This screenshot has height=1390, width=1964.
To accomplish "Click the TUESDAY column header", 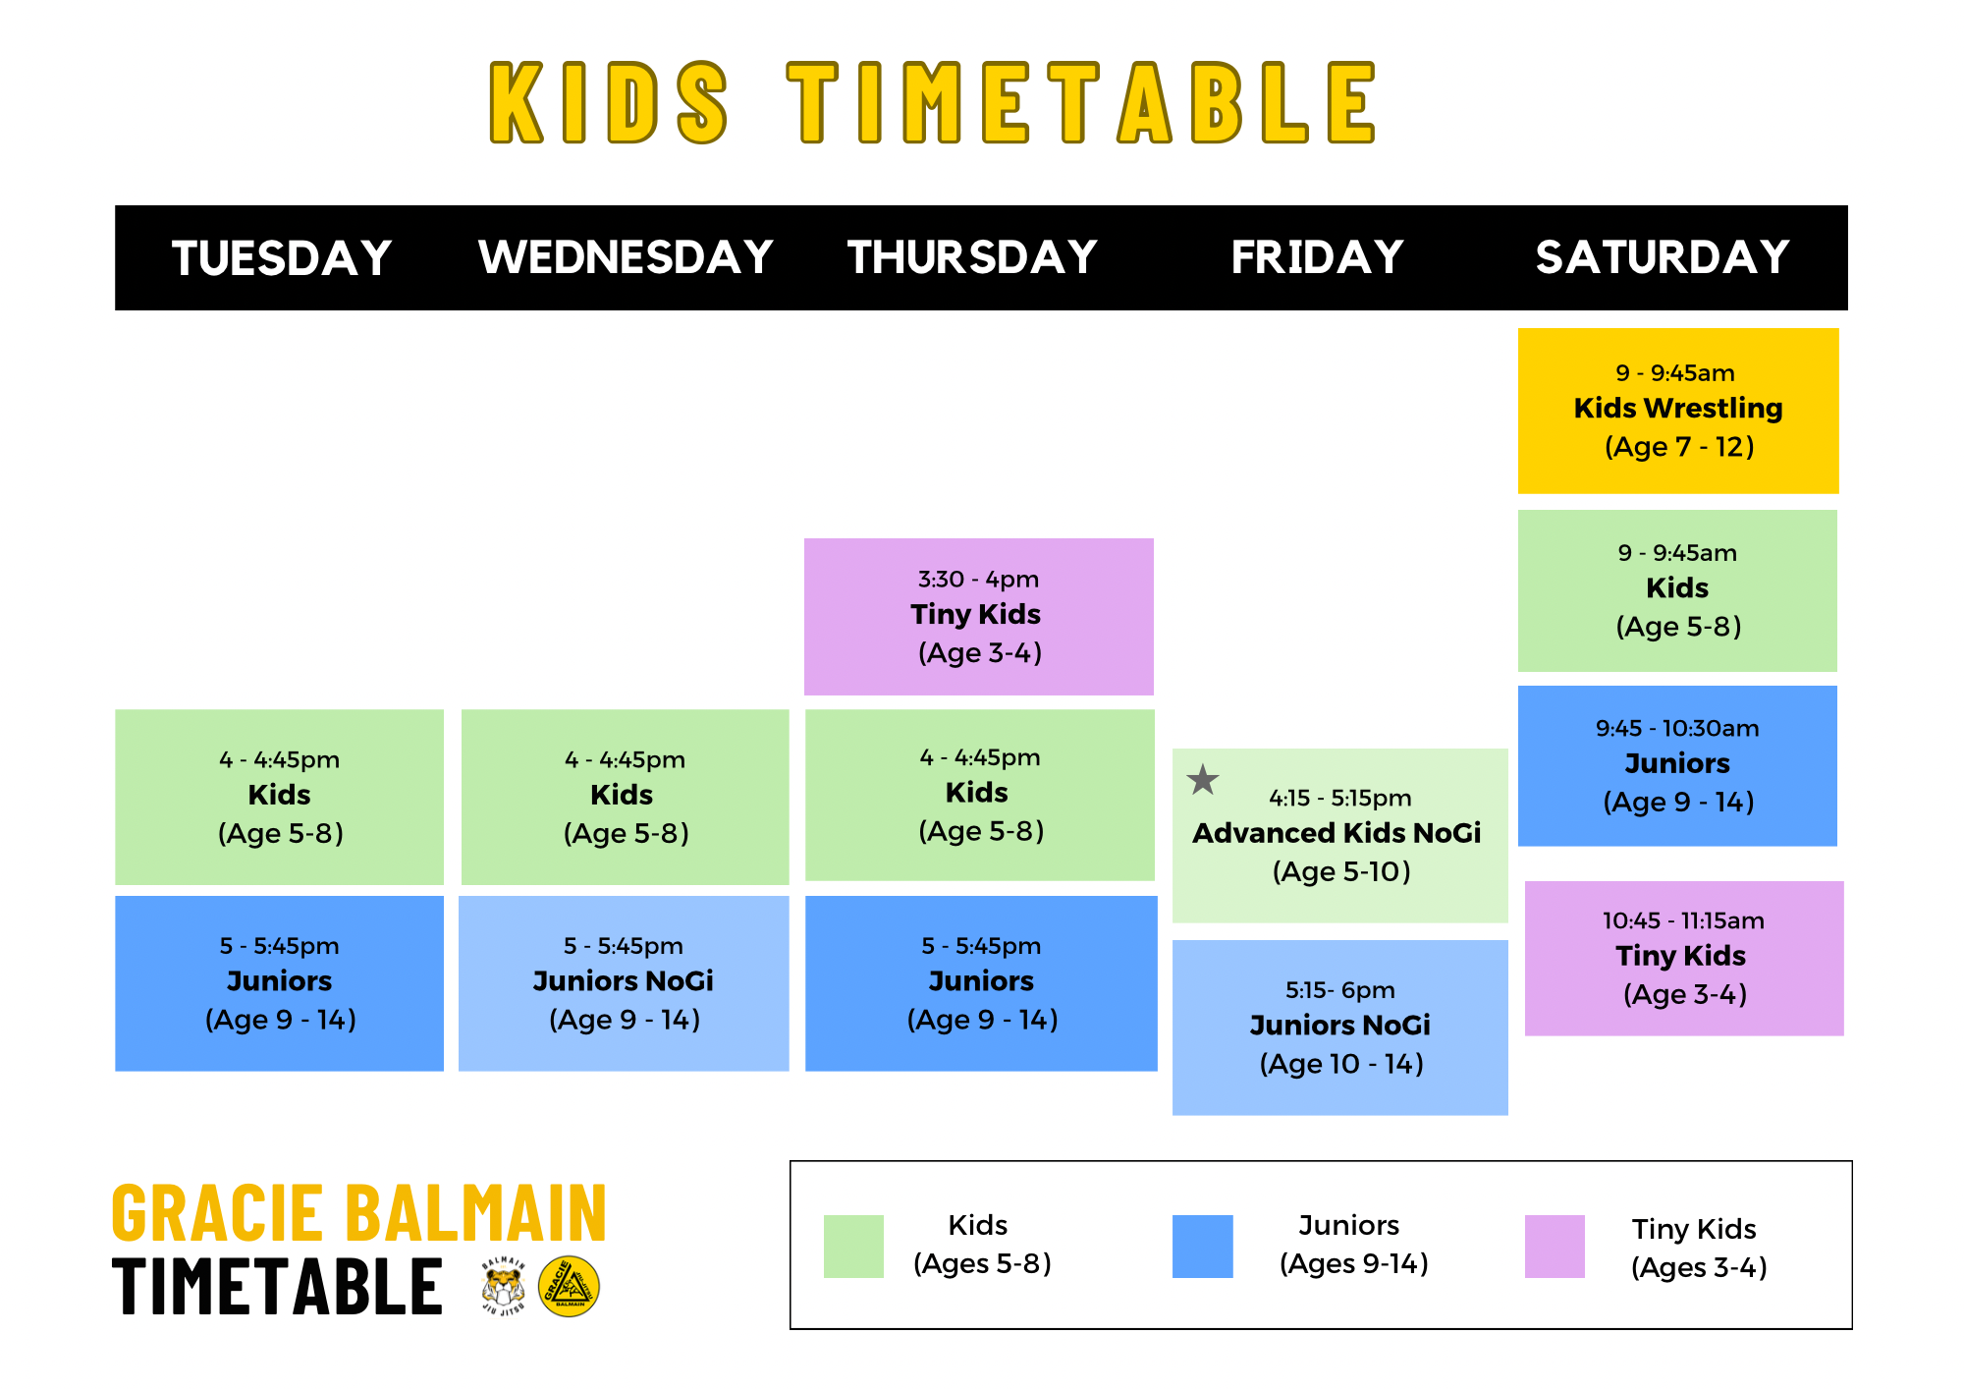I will (x=282, y=258).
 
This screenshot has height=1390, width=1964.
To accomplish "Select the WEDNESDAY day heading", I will (x=626, y=257).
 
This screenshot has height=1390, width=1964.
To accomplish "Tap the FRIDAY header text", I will (x=1317, y=257).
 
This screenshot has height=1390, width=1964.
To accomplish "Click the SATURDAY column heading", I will (x=1663, y=257).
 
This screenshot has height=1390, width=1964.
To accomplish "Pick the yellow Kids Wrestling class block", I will (x=1677, y=411).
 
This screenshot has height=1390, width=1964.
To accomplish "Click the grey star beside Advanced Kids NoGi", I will (x=1202, y=780).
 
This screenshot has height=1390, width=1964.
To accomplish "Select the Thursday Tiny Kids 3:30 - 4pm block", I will (x=978, y=616).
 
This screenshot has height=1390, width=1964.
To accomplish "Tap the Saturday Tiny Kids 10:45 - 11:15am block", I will (x=1683, y=958).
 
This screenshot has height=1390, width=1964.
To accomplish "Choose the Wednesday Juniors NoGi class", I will (x=624, y=982).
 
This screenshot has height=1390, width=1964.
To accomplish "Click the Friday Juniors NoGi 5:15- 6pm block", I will (x=1339, y=1027).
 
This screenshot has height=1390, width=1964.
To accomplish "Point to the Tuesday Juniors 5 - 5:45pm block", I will (x=279, y=982).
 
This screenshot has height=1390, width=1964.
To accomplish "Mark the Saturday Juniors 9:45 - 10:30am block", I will (x=1677, y=765).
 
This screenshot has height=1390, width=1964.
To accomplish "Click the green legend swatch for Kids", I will (x=853, y=1246).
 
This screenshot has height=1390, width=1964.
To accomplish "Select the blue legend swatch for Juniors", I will (x=1202, y=1246).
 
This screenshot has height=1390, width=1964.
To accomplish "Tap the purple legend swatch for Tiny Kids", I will (x=1555, y=1246).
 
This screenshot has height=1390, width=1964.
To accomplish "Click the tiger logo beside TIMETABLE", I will (x=504, y=1287).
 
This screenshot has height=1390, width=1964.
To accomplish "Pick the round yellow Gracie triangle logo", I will (x=569, y=1287).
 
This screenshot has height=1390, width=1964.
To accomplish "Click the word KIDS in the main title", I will (x=609, y=102).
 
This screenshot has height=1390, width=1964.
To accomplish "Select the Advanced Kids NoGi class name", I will (x=1337, y=833).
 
